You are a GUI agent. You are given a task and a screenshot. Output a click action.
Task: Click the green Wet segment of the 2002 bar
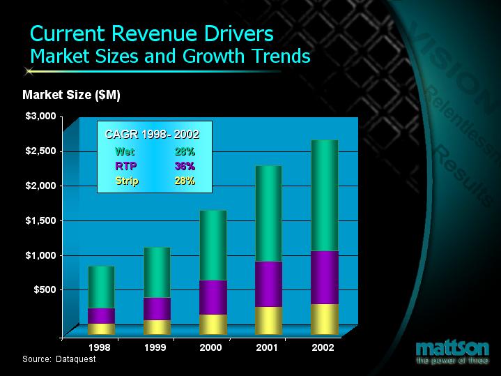click(x=325, y=195)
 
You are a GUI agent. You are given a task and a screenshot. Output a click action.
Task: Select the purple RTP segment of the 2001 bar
click(x=268, y=284)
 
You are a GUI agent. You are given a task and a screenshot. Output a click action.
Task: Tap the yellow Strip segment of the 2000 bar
click(x=213, y=324)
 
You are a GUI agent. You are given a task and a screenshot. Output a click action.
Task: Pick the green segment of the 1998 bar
click(x=101, y=287)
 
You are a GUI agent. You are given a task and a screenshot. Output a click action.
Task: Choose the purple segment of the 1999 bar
click(x=157, y=308)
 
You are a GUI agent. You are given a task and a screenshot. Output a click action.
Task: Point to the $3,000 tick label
click(x=40, y=116)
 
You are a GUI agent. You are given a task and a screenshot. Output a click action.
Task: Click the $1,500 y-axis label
click(x=40, y=220)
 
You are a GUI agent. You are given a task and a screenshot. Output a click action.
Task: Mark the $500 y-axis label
click(x=44, y=289)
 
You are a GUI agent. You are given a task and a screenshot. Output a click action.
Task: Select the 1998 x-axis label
click(x=101, y=347)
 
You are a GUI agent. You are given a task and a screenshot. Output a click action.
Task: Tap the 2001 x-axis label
click(x=268, y=347)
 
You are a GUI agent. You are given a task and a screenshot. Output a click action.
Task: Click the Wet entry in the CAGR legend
click(x=125, y=151)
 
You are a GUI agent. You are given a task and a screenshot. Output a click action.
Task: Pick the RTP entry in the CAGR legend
click(x=126, y=166)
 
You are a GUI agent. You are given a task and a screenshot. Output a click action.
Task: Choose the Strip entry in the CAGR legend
click(x=127, y=181)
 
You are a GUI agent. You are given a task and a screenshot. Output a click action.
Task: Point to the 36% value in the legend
click(x=185, y=166)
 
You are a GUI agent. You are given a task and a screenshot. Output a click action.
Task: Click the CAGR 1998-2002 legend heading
click(x=152, y=133)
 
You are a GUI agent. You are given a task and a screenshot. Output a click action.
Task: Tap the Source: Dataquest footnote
click(x=59, y=359)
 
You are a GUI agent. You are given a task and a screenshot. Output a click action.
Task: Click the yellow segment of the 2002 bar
click(x=325, y=319)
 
